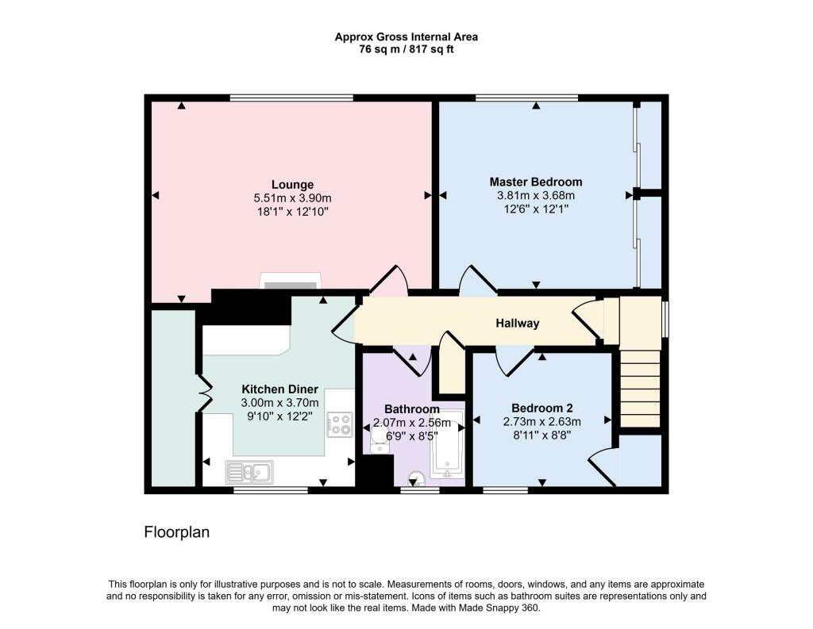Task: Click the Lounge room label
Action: [292, 185]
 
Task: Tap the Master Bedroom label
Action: [536, 182]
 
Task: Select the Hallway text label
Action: [518, 324]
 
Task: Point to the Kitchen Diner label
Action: [280, 389]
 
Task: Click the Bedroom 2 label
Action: [541, 408]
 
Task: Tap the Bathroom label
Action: [412, 409]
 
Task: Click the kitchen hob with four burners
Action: [340, 424]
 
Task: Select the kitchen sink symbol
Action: [249, 472]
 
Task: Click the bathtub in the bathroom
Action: [448, 444]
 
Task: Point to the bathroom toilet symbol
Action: [414, 479]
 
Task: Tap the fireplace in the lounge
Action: [290, 282]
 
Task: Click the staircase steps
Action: [641, 388]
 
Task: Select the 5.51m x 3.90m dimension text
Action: [292, 198]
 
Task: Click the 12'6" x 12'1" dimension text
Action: [536, 209]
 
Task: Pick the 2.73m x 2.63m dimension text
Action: [541, 421]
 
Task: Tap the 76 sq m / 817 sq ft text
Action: [406, 50]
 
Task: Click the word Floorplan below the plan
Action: [177, 532]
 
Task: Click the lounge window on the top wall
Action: [291, 98]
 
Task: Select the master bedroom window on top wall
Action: [527, 98]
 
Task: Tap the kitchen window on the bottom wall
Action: [270, 489]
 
